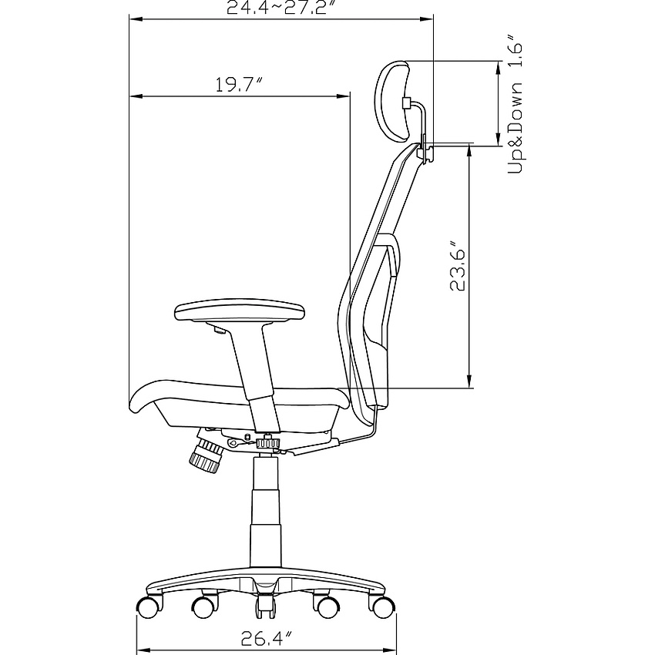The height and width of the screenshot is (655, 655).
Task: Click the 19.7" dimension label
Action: tap(240, 85)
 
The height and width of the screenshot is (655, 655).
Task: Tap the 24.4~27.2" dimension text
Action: tap(282, 7)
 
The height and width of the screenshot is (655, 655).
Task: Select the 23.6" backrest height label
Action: tap(457, 266)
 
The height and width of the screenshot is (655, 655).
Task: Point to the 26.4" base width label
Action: tap(266, 638)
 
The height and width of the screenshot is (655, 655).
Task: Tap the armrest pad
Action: tap(240, 310)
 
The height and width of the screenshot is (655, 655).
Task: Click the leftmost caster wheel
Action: tap(149, 607)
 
